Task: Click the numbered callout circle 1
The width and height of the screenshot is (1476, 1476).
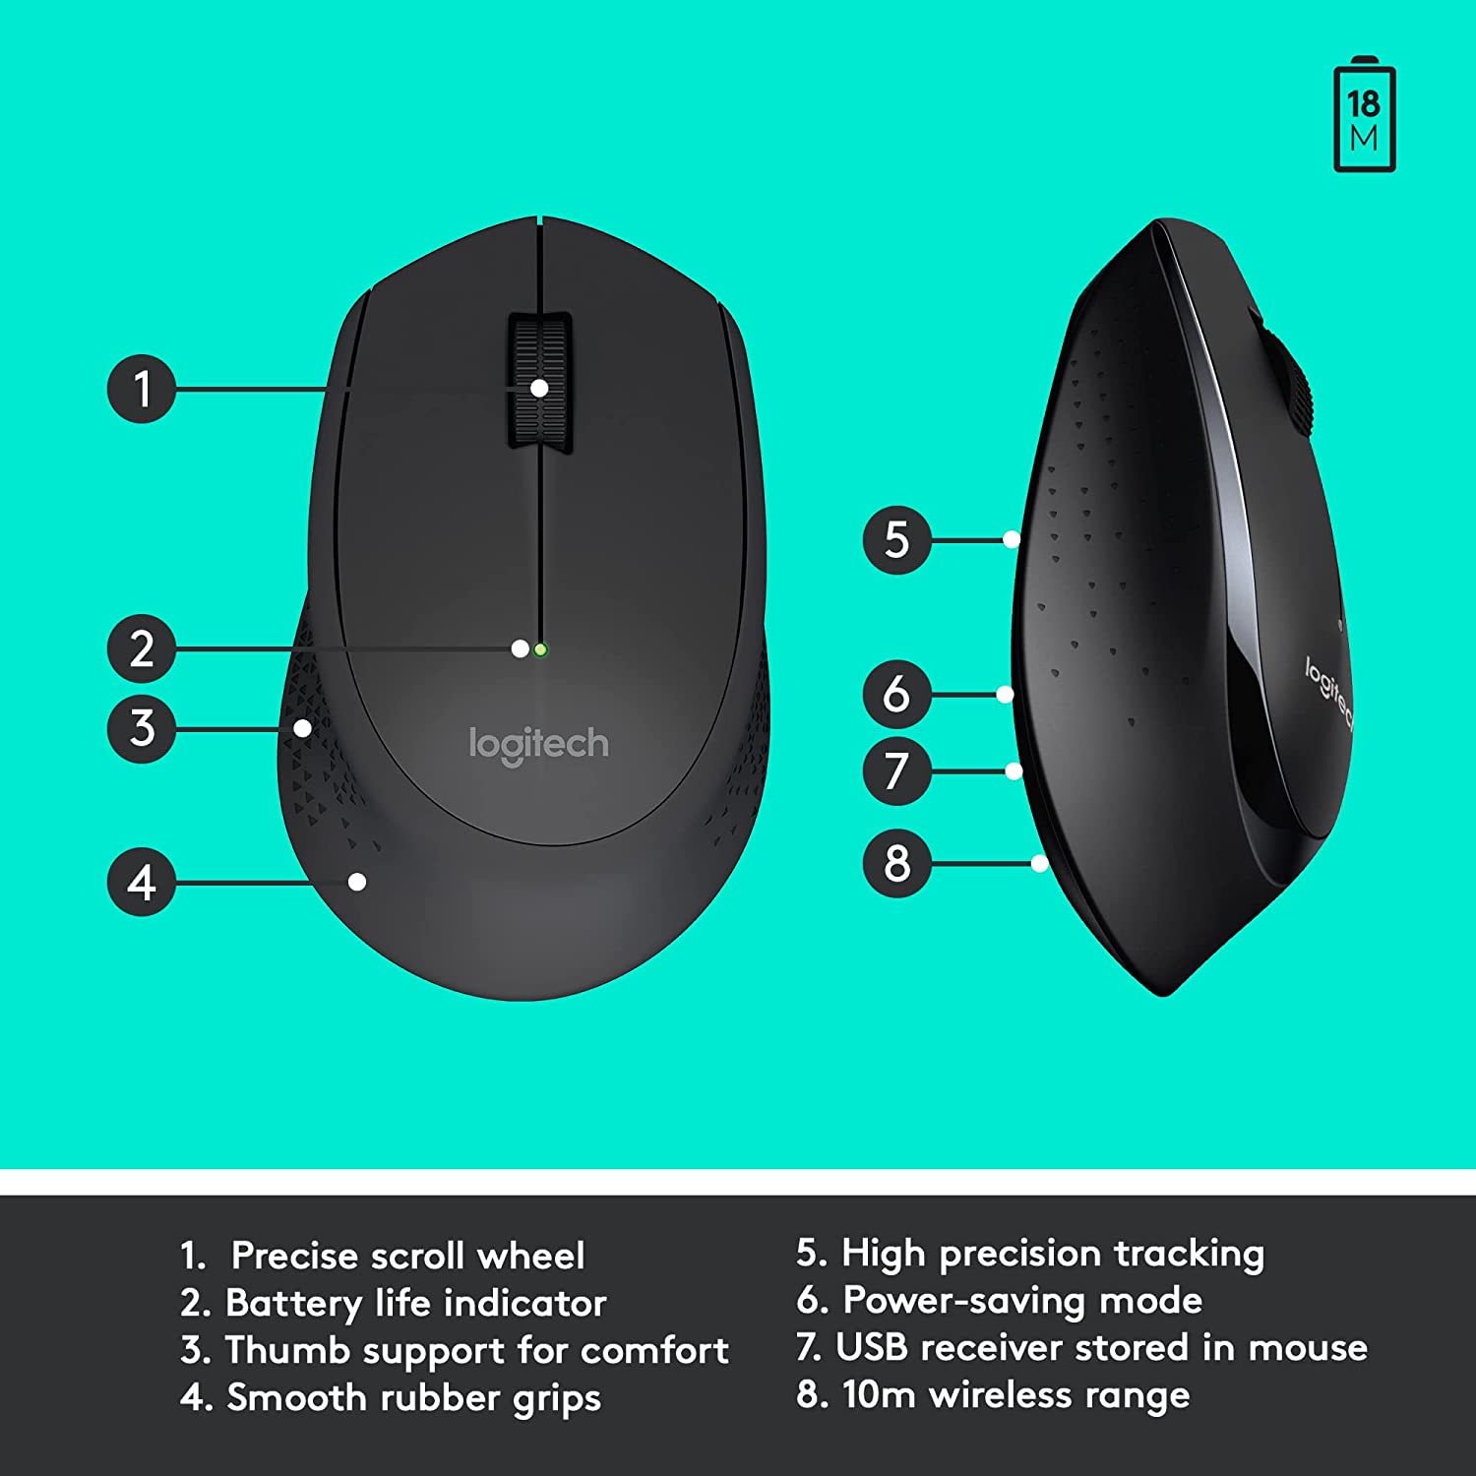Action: pyautogui.click(x=142, y=389)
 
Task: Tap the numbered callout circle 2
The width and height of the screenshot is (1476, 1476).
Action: pyautogui.click(x=142, y=648)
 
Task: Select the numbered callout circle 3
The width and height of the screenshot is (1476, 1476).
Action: pyautogui.click(x=142, y=728)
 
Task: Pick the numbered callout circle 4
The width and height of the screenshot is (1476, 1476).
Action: pyautogui.click(x=142, y=882)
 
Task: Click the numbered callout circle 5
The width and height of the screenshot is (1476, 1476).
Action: pyautogui.click(x=896, y=539)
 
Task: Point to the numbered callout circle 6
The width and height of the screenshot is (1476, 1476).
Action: pyautogui.click(x=896, y=694)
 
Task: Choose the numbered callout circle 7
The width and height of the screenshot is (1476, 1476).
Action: pyautogui.click(x=896, y=770)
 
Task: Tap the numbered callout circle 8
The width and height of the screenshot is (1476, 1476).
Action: pyautogui.click(x=896, y=863)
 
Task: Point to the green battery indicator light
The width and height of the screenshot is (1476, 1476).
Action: pyautogui.click(x=540, y=649)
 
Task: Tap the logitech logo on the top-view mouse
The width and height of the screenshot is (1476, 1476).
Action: pyautogui.click(x=538, y=745)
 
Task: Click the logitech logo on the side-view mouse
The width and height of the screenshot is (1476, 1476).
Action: pyautogui.click(x=1328, y=693)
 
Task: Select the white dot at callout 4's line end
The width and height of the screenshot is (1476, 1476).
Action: pyautogui.click(x=357, y=882)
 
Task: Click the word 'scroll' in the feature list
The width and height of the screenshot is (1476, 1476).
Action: pyautogui.click(x=405, y=1256)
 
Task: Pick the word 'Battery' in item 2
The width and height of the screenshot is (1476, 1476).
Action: pyautogui.click(x=293, y=1304)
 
